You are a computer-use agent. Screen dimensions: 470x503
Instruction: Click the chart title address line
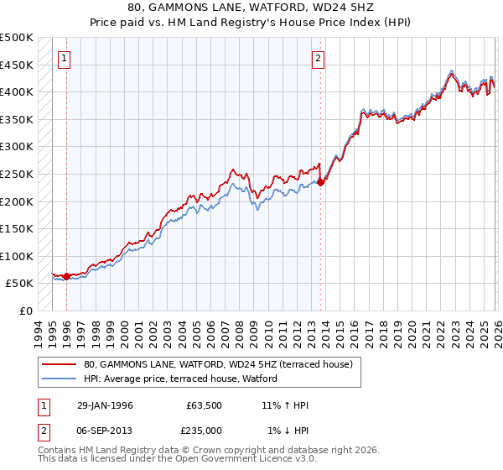tap(251, 8)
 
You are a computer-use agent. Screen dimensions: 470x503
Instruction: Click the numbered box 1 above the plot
tap(65, 59)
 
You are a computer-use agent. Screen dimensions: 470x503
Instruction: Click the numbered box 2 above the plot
tap(319, 59)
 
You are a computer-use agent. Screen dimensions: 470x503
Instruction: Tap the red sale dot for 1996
tap(67, 276)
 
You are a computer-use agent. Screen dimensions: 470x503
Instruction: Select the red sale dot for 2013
tap(321, 182)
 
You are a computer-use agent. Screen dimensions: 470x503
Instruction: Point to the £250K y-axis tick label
tap(18, 174)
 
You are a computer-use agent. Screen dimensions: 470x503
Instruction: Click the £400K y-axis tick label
tap(18, 91)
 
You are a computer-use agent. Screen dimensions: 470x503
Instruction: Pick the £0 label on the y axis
tap(27, 311)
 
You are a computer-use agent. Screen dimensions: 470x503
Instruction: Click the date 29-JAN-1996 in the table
tap(104, 405)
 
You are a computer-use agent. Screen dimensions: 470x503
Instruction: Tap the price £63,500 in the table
tap(205, 405)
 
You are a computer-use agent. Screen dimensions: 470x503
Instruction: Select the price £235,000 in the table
tap(205, 431)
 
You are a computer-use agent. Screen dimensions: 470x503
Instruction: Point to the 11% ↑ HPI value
tap(285, 405)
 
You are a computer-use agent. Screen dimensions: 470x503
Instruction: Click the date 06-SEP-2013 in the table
tap(104, 431)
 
